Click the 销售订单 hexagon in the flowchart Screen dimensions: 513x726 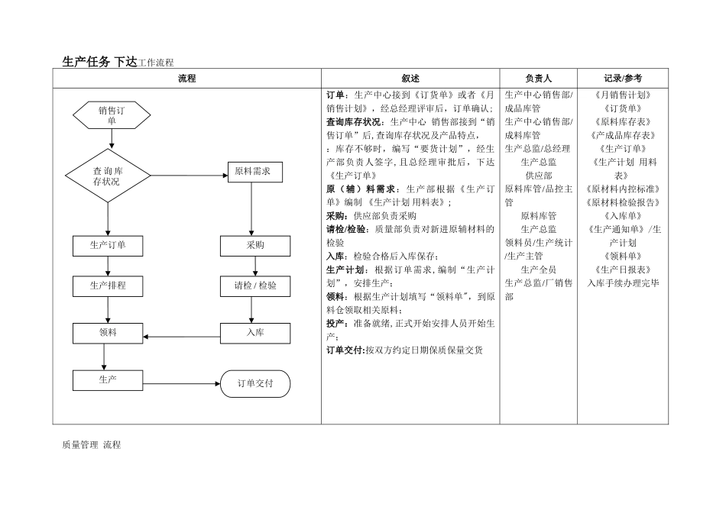[x=112, y=115]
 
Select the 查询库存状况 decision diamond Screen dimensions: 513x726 [x=107, y=176]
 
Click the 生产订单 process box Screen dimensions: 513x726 [x=108, y=245]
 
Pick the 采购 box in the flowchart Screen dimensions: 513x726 [x=255, y=246]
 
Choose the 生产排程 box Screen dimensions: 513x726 [x=108, y=286]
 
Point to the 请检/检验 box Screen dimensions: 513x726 [x=255, y=286]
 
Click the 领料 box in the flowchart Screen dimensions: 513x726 [x=108, y=333]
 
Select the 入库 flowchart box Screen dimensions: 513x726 [x=255, y=333]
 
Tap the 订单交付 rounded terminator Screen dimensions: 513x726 [x=255, y=383]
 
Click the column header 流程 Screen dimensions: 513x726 [x=187, y=79]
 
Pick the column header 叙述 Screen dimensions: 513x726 [x=410, y=79]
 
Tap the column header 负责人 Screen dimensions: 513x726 [x=539, y=79]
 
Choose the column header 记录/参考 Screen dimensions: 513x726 [x=623, y=79]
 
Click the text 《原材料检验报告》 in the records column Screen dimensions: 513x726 [x=623, y=202]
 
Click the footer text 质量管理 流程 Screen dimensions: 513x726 [x=91, y=445]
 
